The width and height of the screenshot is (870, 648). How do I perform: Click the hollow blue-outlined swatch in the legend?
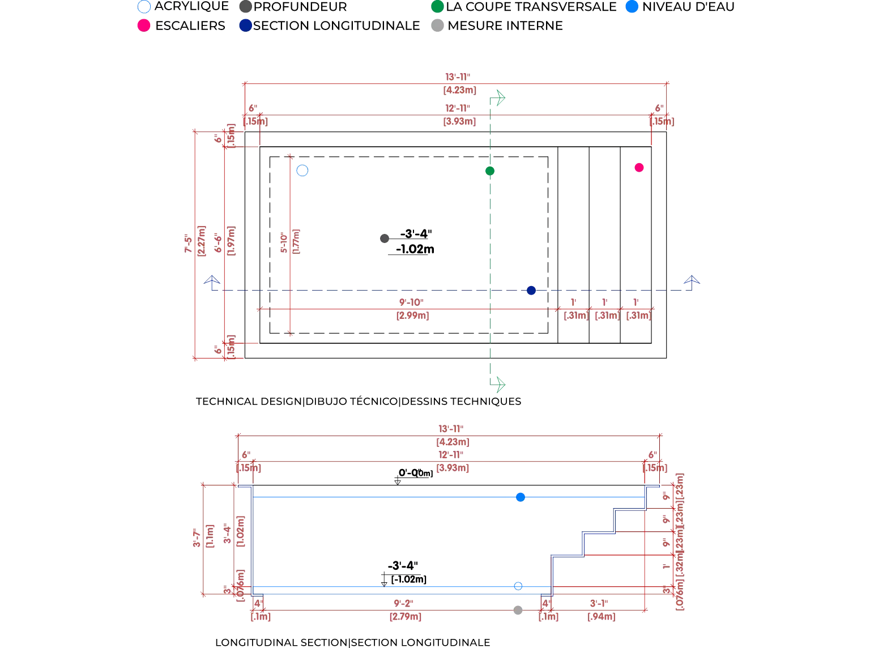[144, 7]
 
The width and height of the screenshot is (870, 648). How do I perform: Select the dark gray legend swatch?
[245, 7]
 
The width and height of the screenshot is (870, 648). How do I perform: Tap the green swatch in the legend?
[437, 7]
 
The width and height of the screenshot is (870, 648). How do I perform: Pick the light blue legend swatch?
[632, 7]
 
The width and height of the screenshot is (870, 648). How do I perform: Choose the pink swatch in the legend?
[144, 25]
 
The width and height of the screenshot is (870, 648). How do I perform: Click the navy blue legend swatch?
[245, 25]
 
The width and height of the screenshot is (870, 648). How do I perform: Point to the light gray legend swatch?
[437, 25]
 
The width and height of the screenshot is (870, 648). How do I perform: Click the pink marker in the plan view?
[639, 167]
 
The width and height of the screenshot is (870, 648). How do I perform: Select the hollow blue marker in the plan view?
[302, 170]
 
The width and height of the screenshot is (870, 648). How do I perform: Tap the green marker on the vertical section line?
[491, 171]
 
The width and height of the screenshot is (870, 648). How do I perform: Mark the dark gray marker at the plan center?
[383, 239]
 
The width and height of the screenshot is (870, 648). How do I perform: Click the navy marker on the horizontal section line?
[531, 292]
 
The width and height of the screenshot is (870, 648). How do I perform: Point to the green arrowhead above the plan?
[499, 100]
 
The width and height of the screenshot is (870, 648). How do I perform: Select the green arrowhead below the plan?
[499, 385]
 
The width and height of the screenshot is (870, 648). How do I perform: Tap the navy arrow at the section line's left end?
[212, 280]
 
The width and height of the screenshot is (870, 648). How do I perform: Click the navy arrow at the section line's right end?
[690, 280]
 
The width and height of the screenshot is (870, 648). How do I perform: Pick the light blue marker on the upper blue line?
[520, 497]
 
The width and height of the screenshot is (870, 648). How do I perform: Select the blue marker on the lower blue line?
[518, 587]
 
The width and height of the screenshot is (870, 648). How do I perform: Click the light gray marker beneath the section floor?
[518, 609]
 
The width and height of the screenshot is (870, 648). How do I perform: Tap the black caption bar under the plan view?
[357, 401]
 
